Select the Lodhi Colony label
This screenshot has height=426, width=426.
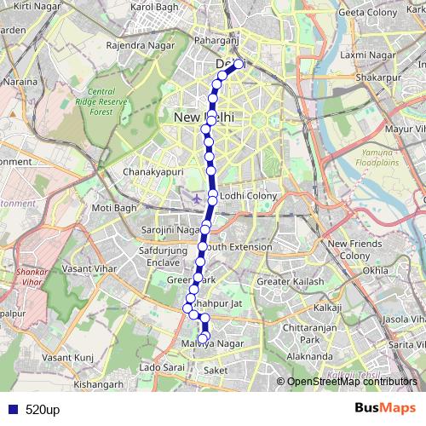click(x=249, y=196)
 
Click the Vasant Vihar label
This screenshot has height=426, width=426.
click(x=88, y=268)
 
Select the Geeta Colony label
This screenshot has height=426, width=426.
click(x=368, y=12)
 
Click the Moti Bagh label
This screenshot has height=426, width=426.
click(x=113, y=207)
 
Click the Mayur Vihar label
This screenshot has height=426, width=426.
click(x=405, y=130)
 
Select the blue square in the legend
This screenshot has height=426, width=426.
click(x=11, y=409)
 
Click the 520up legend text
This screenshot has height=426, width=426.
click(x=42, y=409)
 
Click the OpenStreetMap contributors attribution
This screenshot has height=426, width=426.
click(x=350, y=382)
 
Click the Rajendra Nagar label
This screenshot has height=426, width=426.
click(x=135, y=45)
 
